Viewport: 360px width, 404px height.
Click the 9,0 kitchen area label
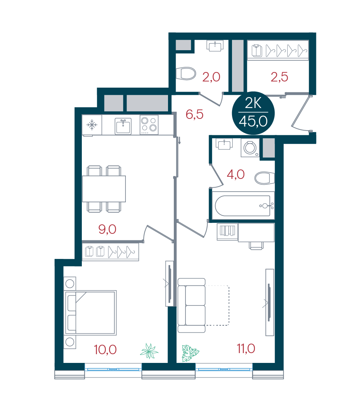[x=107, y=229]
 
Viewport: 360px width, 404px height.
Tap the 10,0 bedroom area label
[x=105, y=349]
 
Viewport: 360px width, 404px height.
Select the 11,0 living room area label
[x=246, y=349]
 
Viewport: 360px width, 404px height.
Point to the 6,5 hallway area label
[x=195, y=114]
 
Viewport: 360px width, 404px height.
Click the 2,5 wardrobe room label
[x=279, y=77]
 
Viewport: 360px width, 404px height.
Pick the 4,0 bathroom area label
[x=236, y=175]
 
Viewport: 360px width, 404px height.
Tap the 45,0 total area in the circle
[x=253, y=121]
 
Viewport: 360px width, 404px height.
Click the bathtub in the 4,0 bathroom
[x=243, y=205]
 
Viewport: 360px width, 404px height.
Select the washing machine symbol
[x=250, y=148]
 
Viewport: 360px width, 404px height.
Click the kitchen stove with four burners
[x=149, y=125]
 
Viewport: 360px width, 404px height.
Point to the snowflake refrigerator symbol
[x=92, y=125]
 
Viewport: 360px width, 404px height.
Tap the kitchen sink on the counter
[x=123, y=126]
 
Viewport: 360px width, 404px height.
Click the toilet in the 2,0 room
[x=185, y=74]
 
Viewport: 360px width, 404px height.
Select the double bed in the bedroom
[x=90, y=313]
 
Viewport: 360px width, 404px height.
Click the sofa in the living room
[x=192, y=305]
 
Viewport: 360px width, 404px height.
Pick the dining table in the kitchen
[x=104, y=189]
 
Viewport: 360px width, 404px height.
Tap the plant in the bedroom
[x=149, y=351]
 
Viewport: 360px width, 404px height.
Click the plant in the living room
[x=190, y=353]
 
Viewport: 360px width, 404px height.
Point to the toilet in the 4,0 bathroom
[x=264, y=178]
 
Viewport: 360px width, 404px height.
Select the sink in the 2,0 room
[x=215, y=46]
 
